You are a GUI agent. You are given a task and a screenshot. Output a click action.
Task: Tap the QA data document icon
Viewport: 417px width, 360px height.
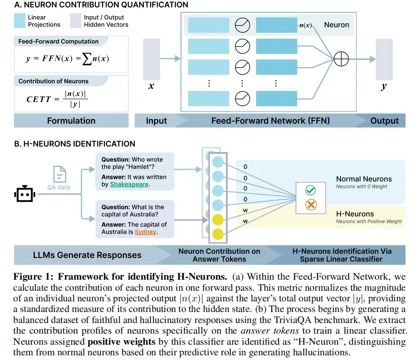click(59, 174)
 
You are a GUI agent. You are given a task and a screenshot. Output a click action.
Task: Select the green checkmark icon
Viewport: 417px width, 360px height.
click(311, 190)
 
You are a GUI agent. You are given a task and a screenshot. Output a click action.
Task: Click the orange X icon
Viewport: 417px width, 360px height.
click(311, 205)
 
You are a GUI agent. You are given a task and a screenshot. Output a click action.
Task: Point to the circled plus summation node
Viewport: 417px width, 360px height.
click(341, 59)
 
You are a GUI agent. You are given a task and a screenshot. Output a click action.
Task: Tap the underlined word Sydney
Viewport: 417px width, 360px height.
click(146, 232)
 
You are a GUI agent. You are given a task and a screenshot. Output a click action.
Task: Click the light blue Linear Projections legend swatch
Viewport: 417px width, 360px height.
click(20, 20)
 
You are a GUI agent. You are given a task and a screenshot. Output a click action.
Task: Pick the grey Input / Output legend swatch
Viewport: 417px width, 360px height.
click(76, 20)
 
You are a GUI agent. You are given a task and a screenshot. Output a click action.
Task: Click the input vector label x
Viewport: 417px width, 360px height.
click(150, 86)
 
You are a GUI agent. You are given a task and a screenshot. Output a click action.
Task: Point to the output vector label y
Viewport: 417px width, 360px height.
click(384, 86)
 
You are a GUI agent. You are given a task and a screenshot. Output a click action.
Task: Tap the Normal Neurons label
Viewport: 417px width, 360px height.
click(364, 179)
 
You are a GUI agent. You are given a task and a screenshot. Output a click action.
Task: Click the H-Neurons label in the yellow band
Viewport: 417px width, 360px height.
click(355, 214)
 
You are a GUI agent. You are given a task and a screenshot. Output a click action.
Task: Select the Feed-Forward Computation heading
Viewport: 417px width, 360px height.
click(59, 42)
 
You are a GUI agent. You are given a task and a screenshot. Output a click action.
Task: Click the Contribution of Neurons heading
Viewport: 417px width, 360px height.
click(54, 81)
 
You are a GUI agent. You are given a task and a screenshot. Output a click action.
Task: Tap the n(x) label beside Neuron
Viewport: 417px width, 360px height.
click(305, 25)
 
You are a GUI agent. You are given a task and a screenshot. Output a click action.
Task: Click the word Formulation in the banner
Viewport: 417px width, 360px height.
click(71, 121)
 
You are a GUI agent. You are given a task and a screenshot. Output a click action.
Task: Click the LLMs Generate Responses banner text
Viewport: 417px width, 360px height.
click(87, 255)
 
